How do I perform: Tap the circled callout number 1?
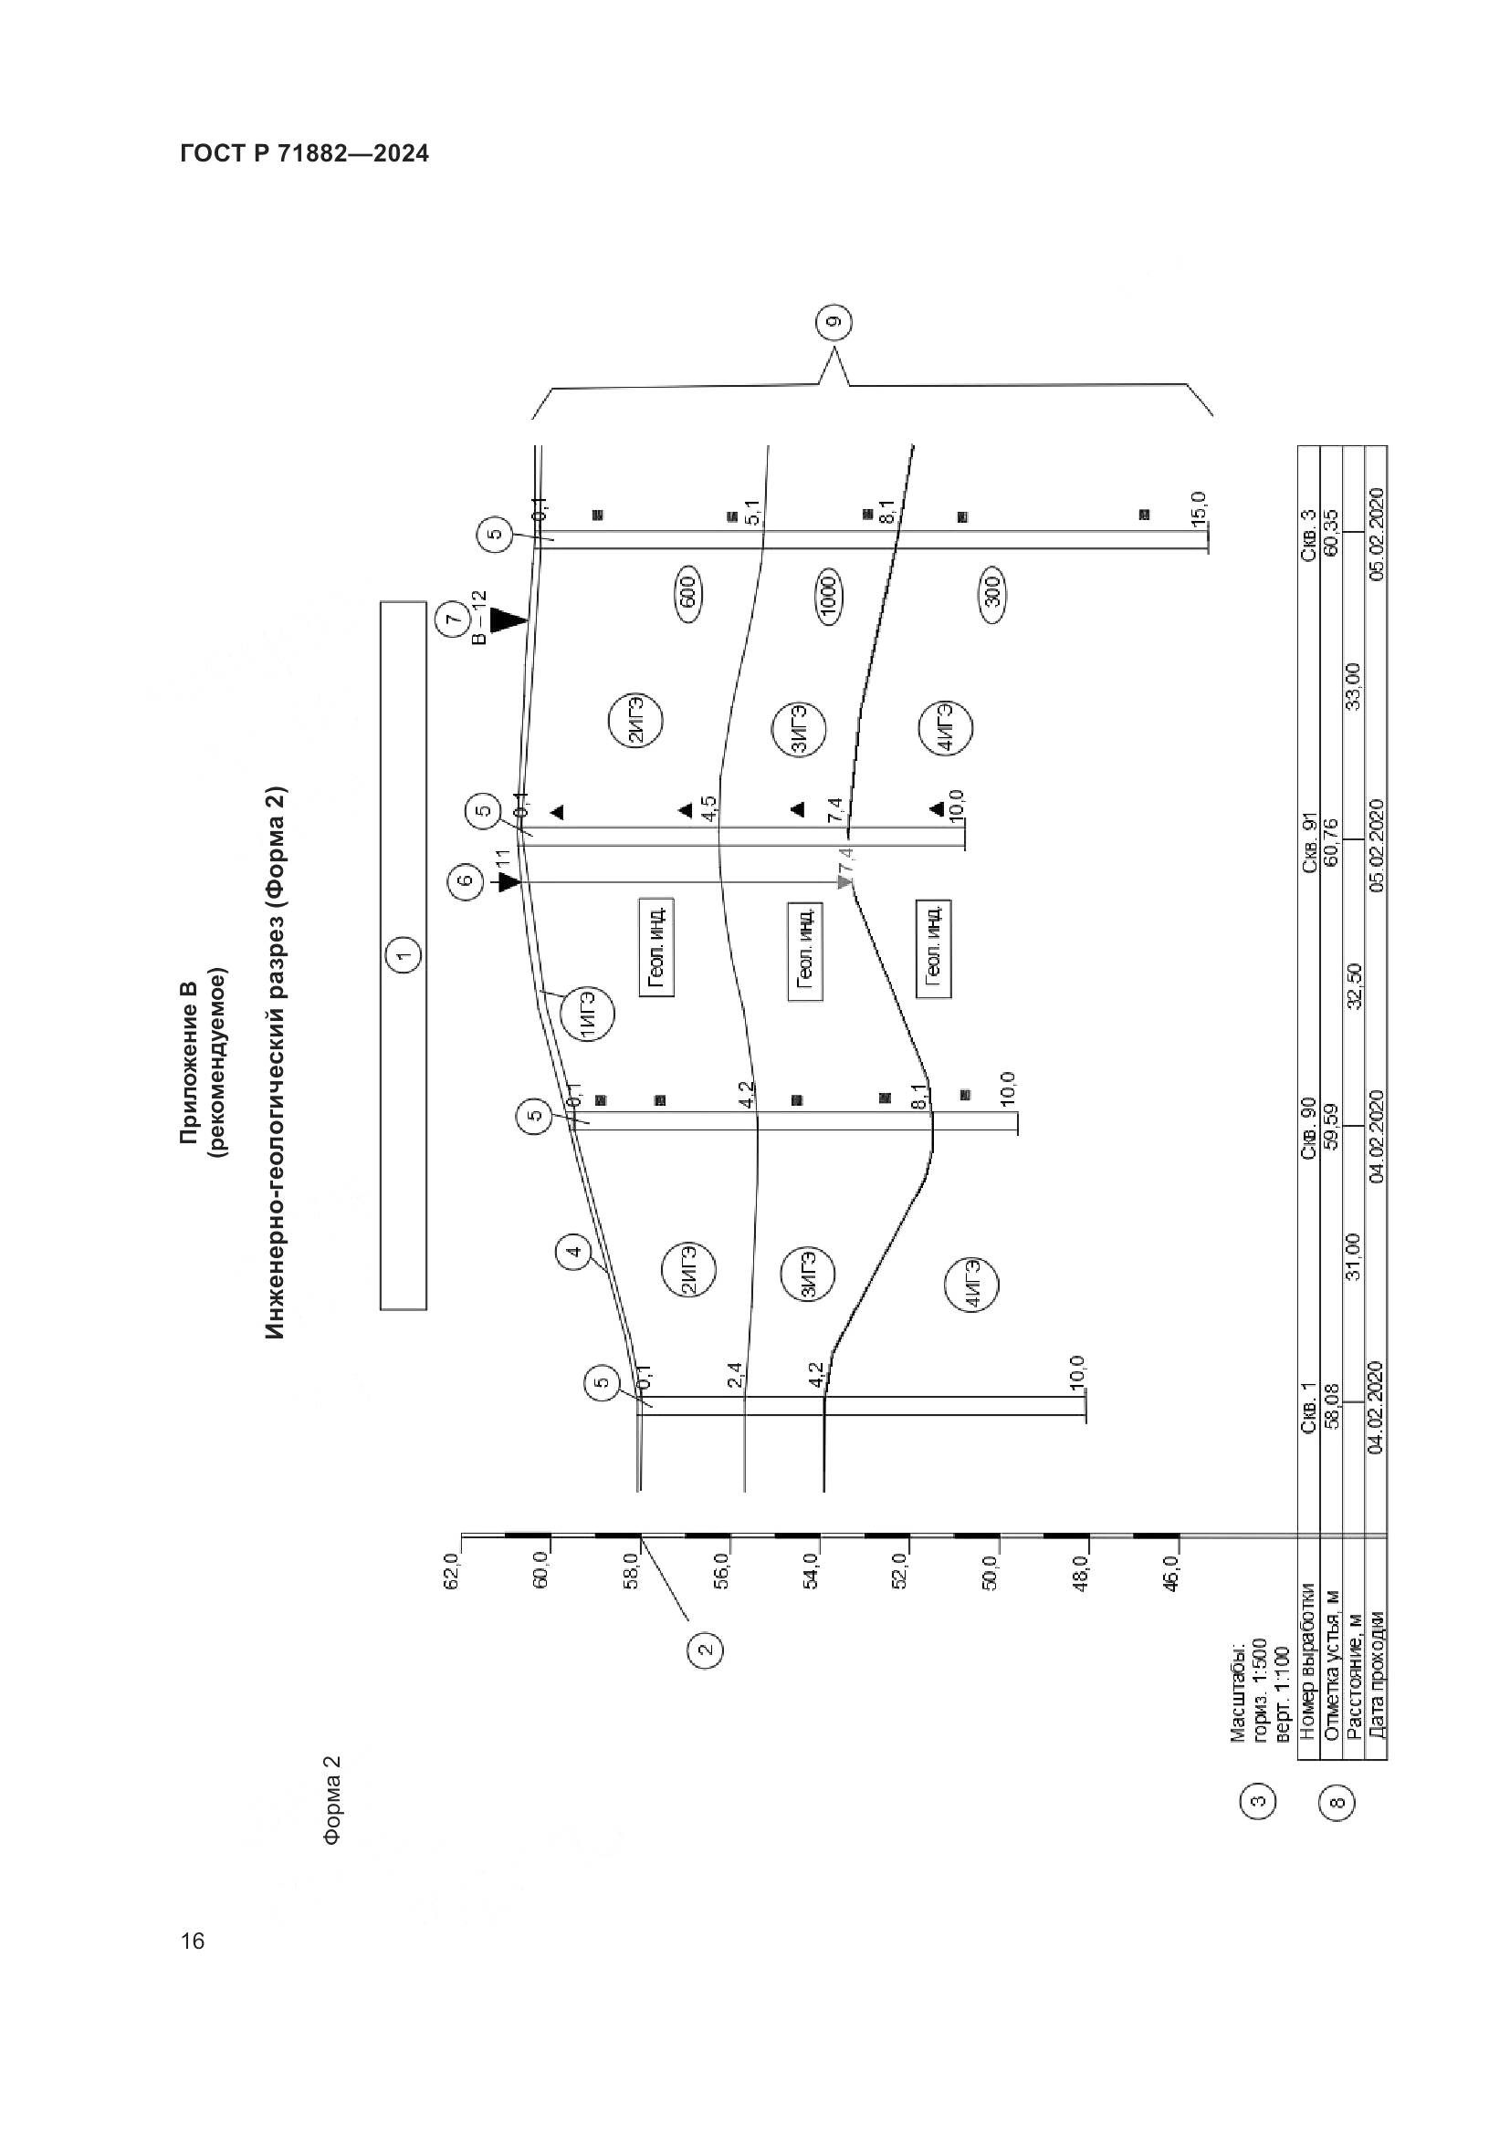[403, 954]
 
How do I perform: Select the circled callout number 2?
[705, 1650]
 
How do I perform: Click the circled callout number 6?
[466, 880]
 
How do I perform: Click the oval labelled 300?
[992, 591]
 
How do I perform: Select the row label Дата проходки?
[1375, 1682]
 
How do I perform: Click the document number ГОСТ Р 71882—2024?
[304, 154]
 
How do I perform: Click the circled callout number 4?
[574, 1252]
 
